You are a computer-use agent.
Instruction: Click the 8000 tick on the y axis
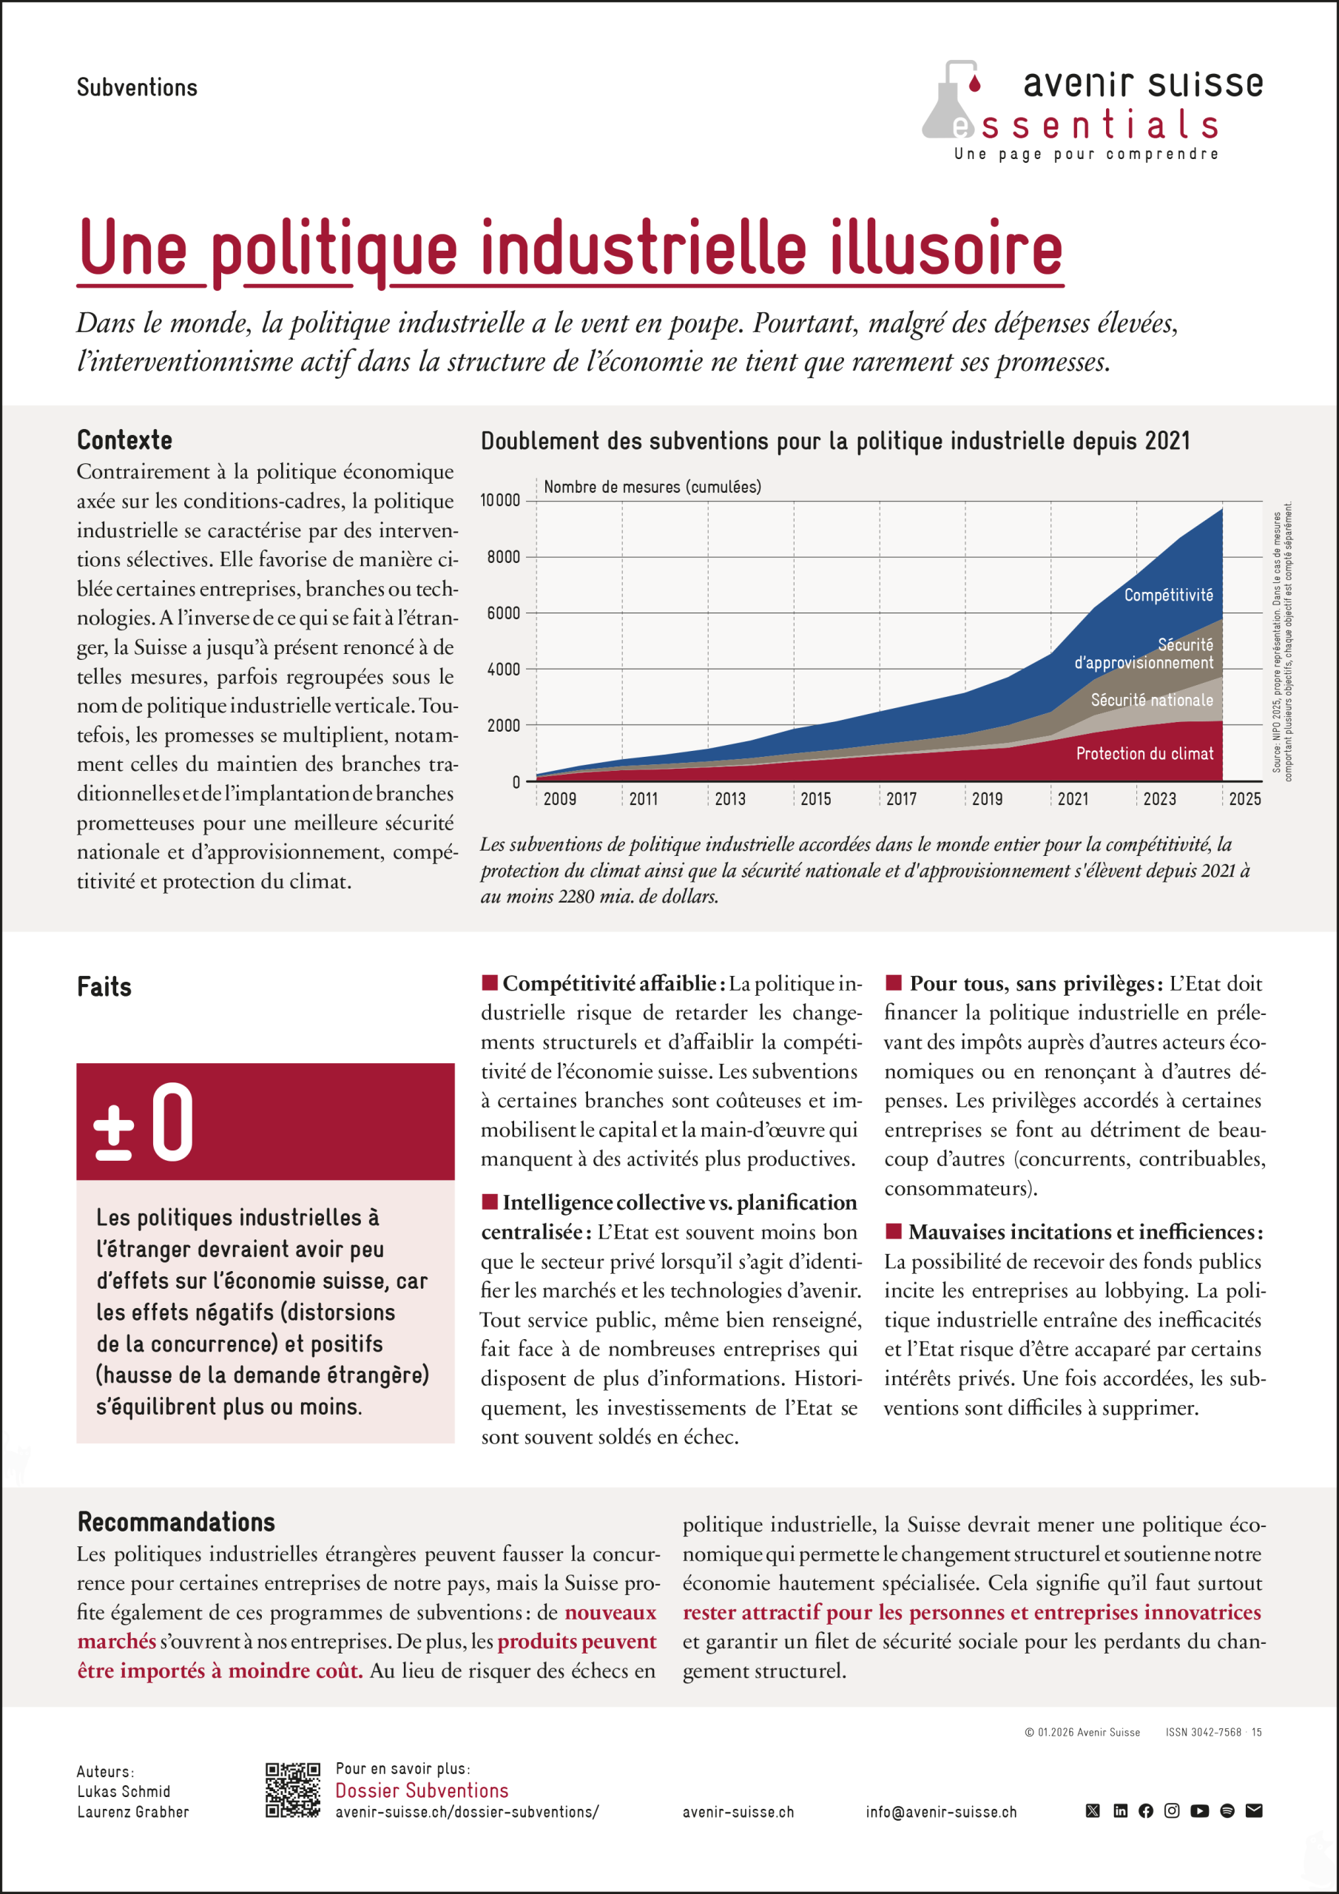[503, 558]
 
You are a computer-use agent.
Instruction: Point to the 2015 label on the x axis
[815, 798]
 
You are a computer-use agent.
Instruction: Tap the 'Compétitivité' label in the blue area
[1168, 595]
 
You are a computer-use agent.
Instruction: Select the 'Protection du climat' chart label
[1144, 753]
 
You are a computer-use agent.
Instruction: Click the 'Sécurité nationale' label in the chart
[1152, 701]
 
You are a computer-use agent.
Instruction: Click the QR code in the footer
[292, 1790]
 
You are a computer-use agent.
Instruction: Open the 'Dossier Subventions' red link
[422, 1790]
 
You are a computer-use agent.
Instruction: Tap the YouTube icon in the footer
[1200, 1810]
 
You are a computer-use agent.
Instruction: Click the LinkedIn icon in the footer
[1120, 1810]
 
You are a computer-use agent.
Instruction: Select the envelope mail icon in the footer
[1253, 1810]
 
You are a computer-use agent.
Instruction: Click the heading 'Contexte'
[124, 440]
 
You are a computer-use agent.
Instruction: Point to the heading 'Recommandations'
[176, 1522]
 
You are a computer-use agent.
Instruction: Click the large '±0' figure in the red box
[144, 1122]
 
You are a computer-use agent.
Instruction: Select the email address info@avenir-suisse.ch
[940, 1813]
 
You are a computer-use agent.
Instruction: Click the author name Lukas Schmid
[124, 1792]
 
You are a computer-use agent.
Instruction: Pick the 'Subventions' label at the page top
[137, 87]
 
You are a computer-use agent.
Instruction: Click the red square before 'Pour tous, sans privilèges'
[893, 983]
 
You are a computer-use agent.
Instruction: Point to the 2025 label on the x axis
[1244, 798]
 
